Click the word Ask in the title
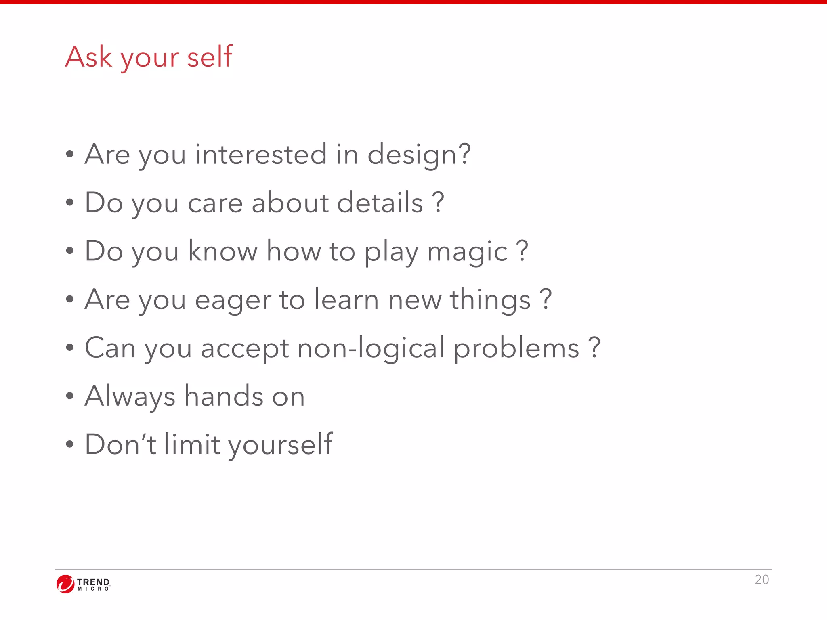pos(88,57)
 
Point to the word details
pos(380,202)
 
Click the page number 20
pos(762,580)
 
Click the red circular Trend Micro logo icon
pos(65,584)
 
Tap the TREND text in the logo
pos(93,582)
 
